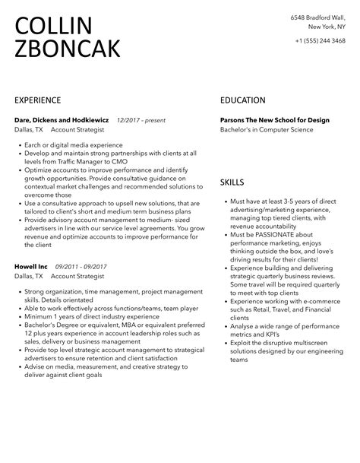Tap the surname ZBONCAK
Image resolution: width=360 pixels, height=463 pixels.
click(x=67, y=49)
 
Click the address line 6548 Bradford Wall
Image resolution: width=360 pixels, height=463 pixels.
click(x=317, y=17)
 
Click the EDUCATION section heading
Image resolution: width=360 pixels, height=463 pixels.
click(x=242, y=100)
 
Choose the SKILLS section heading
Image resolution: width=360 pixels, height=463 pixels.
click(x=232, y=182)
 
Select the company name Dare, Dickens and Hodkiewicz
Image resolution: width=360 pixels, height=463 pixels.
click(x=62, y=120)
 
